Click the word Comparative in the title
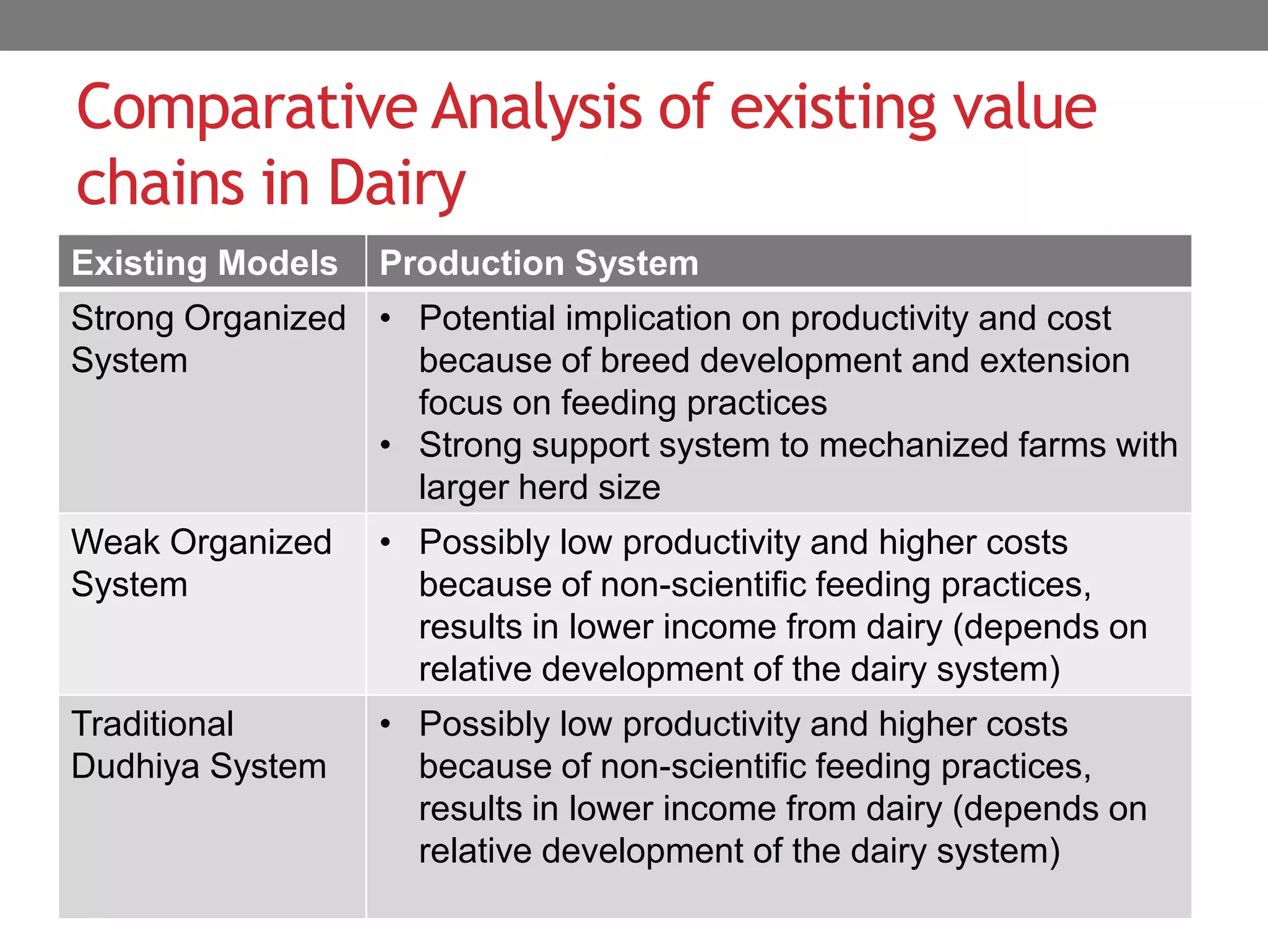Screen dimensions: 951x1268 click(x=246, y=109)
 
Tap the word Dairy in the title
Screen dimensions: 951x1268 click(x=396, y=183)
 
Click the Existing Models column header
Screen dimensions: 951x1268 click(x=204, y=263)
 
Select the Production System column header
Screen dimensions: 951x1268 click(x=539, y=263)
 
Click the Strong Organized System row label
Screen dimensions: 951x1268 click(x=208, y=339)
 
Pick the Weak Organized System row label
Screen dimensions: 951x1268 click(x=201, y=563)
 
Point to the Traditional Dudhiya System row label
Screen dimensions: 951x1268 click(x=198, y=745)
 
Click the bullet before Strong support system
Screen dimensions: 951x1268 click(x=386, y=445)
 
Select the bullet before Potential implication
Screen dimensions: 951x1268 click(x=386, y=319)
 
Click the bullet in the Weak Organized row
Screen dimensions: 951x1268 click(x=386, y=543)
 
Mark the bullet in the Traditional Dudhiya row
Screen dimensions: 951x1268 click(x=386, y=724)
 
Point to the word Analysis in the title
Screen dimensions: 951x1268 click(x=536, y=109)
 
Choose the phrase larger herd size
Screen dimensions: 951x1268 click(x=539, y=487)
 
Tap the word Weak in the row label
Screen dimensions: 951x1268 click(x=115, y=542)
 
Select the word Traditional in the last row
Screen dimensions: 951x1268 click(x=152, y=724)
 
